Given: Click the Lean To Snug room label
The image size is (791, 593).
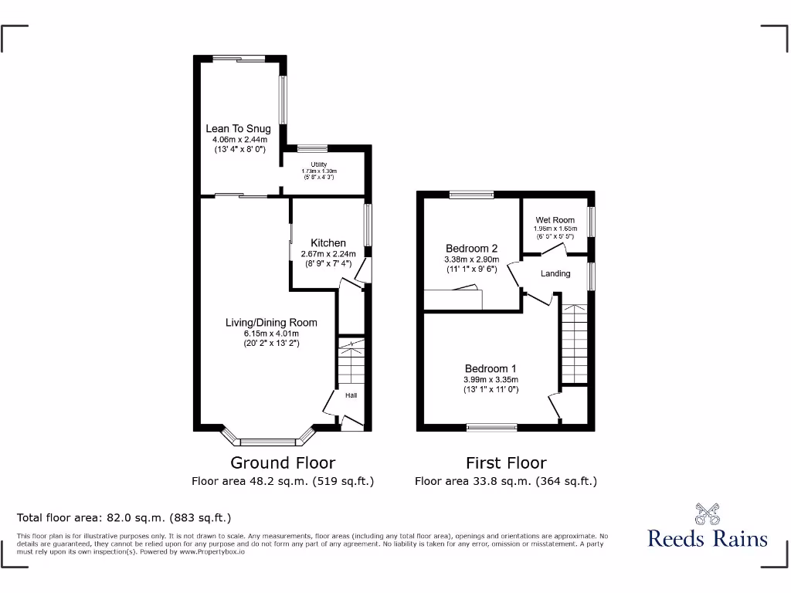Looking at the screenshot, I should (x=238, y=128).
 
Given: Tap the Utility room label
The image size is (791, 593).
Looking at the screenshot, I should (x=319, y=164).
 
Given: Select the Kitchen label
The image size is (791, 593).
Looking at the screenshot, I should (x=328, y=243).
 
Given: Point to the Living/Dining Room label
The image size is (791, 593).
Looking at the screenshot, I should (x=271, y=322).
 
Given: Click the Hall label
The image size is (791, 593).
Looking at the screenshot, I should (x=351, y=395).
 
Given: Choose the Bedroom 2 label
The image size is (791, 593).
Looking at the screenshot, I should (x=471, y=249).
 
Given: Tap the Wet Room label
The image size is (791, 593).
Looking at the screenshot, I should (x=555, y=220).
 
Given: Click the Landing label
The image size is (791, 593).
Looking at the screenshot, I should (x=555, y=273).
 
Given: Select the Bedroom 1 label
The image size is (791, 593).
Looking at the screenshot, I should (x=491, y=368).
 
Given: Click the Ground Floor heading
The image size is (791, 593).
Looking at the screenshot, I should (x=283, y=463).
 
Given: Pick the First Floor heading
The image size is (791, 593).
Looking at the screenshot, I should (x=506, y=463).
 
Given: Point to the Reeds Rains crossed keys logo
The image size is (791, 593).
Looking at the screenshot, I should (x=707, y=513).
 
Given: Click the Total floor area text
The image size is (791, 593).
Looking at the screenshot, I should (x=124, y=518).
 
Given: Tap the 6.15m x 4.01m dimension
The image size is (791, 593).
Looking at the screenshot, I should (x=270, y=333).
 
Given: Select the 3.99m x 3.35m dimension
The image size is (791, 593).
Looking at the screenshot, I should (x=491, y=379).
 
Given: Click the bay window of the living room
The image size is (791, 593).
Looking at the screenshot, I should (x=269, y=441).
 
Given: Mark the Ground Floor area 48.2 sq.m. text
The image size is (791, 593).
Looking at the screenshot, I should (x=283, y=481).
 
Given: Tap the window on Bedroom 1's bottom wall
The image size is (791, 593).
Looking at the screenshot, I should (x=492, y=426).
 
